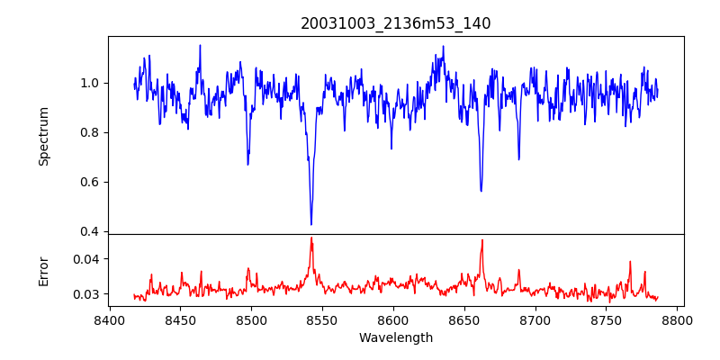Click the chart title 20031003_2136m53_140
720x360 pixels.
tap(395, 23)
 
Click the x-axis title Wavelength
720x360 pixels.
tap(395, 338)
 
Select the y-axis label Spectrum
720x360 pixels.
tap(44, 136)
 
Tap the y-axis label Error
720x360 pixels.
tap(44, 271)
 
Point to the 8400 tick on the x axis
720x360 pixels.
tap(109, 319)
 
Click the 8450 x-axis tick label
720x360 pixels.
tap(180, 319)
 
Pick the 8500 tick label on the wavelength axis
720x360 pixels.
tap(251, 319)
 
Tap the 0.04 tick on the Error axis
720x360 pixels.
tap(88, 259)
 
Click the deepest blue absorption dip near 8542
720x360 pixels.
tap(311, 224)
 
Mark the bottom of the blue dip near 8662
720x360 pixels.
tap(481, 191)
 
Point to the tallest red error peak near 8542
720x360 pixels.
tap(311, 238)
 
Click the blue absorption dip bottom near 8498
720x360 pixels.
tap(248, 165)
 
